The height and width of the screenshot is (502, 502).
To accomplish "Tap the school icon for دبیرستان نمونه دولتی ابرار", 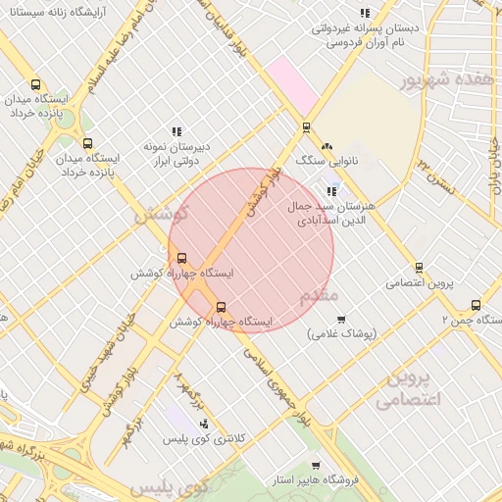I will (x=176, y=130).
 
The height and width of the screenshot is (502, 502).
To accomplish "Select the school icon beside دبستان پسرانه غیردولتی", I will (x=365, y=13).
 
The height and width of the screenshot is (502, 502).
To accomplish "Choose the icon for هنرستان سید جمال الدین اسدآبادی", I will (x=332, y=191).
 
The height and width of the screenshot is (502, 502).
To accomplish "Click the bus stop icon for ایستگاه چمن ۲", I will (x=476, y=305).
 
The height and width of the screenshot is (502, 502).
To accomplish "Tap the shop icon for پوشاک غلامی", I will (x=341, y=319).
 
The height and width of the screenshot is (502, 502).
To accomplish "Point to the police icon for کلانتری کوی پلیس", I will (x=204, y=424).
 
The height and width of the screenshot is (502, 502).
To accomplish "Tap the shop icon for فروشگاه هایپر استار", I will (x=315, y=466).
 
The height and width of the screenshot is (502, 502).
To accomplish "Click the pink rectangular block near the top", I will (x=293, y=83).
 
